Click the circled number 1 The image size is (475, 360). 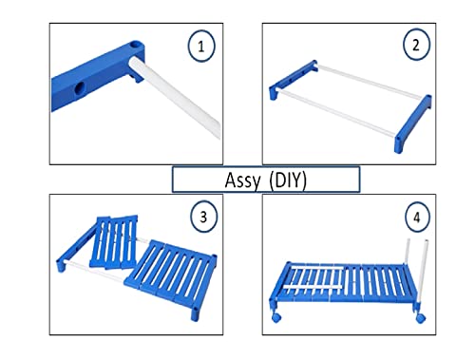click(201, 47)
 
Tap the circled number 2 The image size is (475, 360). click(416, 45)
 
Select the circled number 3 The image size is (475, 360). click(203, 217)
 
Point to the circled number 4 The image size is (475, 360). click(417, 217)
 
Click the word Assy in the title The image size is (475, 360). click(242, 180)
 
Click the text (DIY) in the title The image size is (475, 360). click(288, 180)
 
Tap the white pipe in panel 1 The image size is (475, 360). click(175, 97)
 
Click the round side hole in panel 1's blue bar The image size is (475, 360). click(80, 88)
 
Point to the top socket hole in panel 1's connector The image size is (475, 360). click(137, 46)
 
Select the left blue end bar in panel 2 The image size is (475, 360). click(292, 80)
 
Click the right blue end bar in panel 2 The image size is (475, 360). click(412, 123)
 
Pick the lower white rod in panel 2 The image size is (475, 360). click(336, 114)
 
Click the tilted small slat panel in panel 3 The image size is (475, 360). click(114, 242)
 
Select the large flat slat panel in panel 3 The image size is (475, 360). click(171, 273)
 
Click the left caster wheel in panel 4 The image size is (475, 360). click(276, 317)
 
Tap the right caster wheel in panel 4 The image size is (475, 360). click(421, 318)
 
